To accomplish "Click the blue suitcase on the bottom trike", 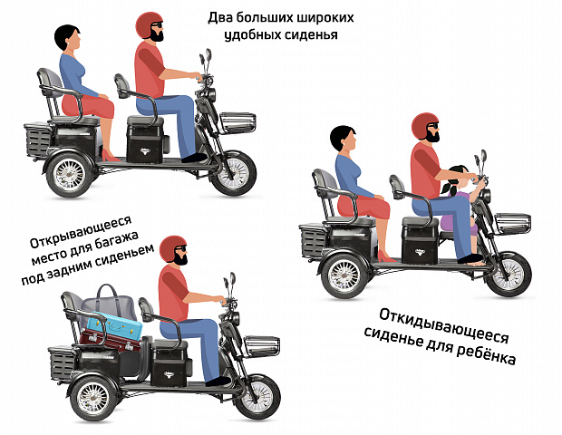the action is coord(115,326).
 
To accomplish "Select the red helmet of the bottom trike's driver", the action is coord(173,248).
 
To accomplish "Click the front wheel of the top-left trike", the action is coord(233,173).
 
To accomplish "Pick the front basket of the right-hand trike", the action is coord(512,223).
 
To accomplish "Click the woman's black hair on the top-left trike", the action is coord(66,37).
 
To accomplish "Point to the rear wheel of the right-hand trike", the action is coord(344,275).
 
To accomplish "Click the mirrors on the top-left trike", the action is coord(206,57).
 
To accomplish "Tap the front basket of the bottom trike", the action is coord(261,346).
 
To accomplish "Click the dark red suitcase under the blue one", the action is coord(109,340).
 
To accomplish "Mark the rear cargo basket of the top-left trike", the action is coord(37,140).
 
